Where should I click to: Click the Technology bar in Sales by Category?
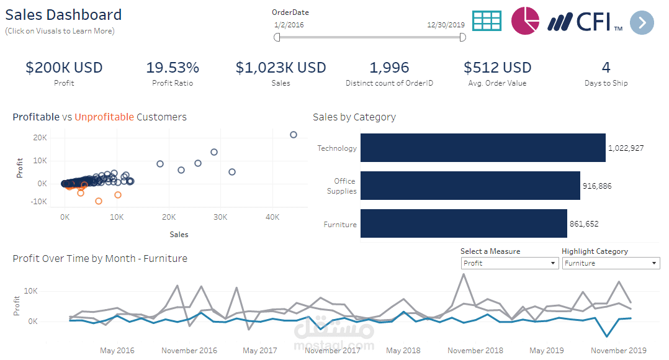pos(482,148)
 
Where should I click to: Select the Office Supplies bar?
pos(470,186)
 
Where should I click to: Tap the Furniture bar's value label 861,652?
pos(584,224)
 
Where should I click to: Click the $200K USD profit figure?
pos(64,68)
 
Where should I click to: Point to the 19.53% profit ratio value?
pos(173,68)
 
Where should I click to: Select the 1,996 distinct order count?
pos(389,68)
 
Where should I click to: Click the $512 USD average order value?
pos(497,68)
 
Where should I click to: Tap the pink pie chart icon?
pos(526,21)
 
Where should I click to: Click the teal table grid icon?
pos(487,20)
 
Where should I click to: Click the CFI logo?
pos(585,22)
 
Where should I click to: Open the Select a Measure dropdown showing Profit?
pos(510,263)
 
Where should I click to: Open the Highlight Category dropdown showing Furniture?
pos(611,263)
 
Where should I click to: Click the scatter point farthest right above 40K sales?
pos(294,135)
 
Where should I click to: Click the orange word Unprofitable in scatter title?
pos(104,117)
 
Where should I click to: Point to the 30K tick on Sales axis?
pos(220,217)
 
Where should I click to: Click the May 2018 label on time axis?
pos(403,351)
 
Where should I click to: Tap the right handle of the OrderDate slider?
pos(462,38)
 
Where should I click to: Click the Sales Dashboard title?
pos(63,15)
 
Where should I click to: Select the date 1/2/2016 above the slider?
pos(289,25)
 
